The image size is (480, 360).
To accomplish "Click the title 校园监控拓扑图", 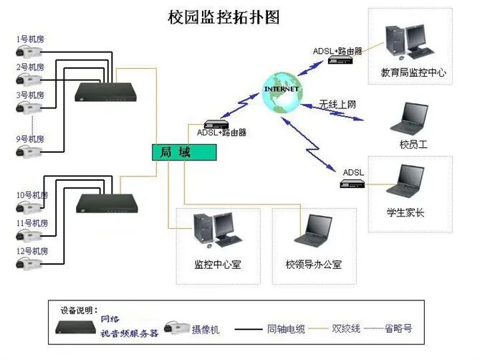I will coord(223,15).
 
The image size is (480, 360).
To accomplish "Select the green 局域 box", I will coord(183,151).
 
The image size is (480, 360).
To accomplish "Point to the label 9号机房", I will coord(30,138).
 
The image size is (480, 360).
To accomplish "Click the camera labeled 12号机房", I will coord(29,263).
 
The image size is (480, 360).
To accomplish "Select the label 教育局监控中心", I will coord(413,72).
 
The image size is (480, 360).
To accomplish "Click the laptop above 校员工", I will coord(411,118).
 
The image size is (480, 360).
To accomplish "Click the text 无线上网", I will coord(337,105).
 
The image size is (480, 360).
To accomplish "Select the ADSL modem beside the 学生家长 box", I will coord(353,184).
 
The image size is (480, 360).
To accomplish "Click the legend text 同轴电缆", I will coord(286,328).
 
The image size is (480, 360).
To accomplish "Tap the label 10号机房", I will coord(32,195).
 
